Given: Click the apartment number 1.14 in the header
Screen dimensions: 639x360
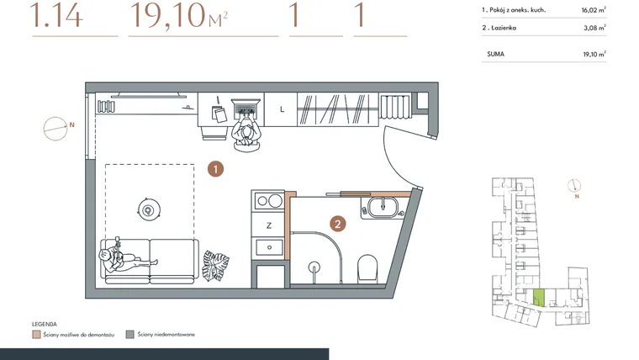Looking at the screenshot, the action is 56,15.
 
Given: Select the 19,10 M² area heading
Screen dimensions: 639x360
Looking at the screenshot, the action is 179,15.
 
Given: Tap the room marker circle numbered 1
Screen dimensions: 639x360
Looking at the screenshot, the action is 215,169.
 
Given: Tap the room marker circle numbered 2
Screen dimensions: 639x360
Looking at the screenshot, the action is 337,224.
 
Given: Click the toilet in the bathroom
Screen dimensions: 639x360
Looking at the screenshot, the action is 367,268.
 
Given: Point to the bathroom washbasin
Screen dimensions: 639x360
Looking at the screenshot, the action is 383,207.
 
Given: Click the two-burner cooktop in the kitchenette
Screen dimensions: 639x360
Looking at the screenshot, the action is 268,200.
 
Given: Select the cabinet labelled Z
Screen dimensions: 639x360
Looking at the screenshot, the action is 268,225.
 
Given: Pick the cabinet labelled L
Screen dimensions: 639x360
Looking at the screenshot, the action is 281,109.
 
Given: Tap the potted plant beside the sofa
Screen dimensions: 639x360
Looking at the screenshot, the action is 215,266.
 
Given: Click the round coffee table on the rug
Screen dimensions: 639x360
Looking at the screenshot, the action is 149,210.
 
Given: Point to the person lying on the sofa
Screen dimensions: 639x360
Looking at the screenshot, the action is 122,257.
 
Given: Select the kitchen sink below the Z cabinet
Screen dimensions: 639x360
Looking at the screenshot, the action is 269,247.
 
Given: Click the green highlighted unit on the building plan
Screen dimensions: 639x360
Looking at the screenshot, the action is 539,298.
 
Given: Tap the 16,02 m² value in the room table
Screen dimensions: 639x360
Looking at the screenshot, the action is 594,10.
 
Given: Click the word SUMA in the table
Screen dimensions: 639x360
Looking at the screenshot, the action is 495,54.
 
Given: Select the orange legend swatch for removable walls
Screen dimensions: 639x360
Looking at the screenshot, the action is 36,335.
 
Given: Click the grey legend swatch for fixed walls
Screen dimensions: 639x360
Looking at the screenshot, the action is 130,334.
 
